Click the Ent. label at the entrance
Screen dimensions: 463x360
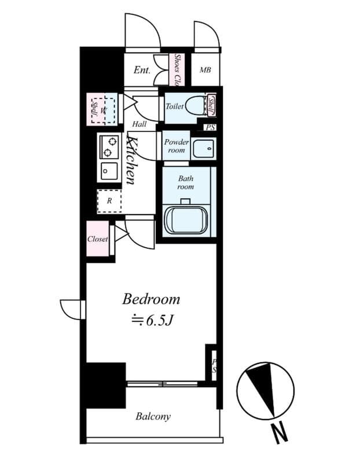coord(142,70)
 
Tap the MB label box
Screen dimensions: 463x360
coord(205,70)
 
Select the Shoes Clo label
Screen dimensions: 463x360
coord(178,69)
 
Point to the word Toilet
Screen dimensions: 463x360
coord(175,106)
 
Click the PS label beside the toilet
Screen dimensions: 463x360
coord(210,127)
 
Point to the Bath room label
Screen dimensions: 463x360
coord(186,182)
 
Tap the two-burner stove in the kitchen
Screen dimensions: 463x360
coord(108,147)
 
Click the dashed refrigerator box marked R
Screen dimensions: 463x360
coord(109,201)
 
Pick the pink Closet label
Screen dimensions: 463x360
coord(98,238)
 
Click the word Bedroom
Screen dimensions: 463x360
coord(151,299)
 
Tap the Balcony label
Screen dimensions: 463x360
coord(153,416)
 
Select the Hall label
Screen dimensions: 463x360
coord(139,124)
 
